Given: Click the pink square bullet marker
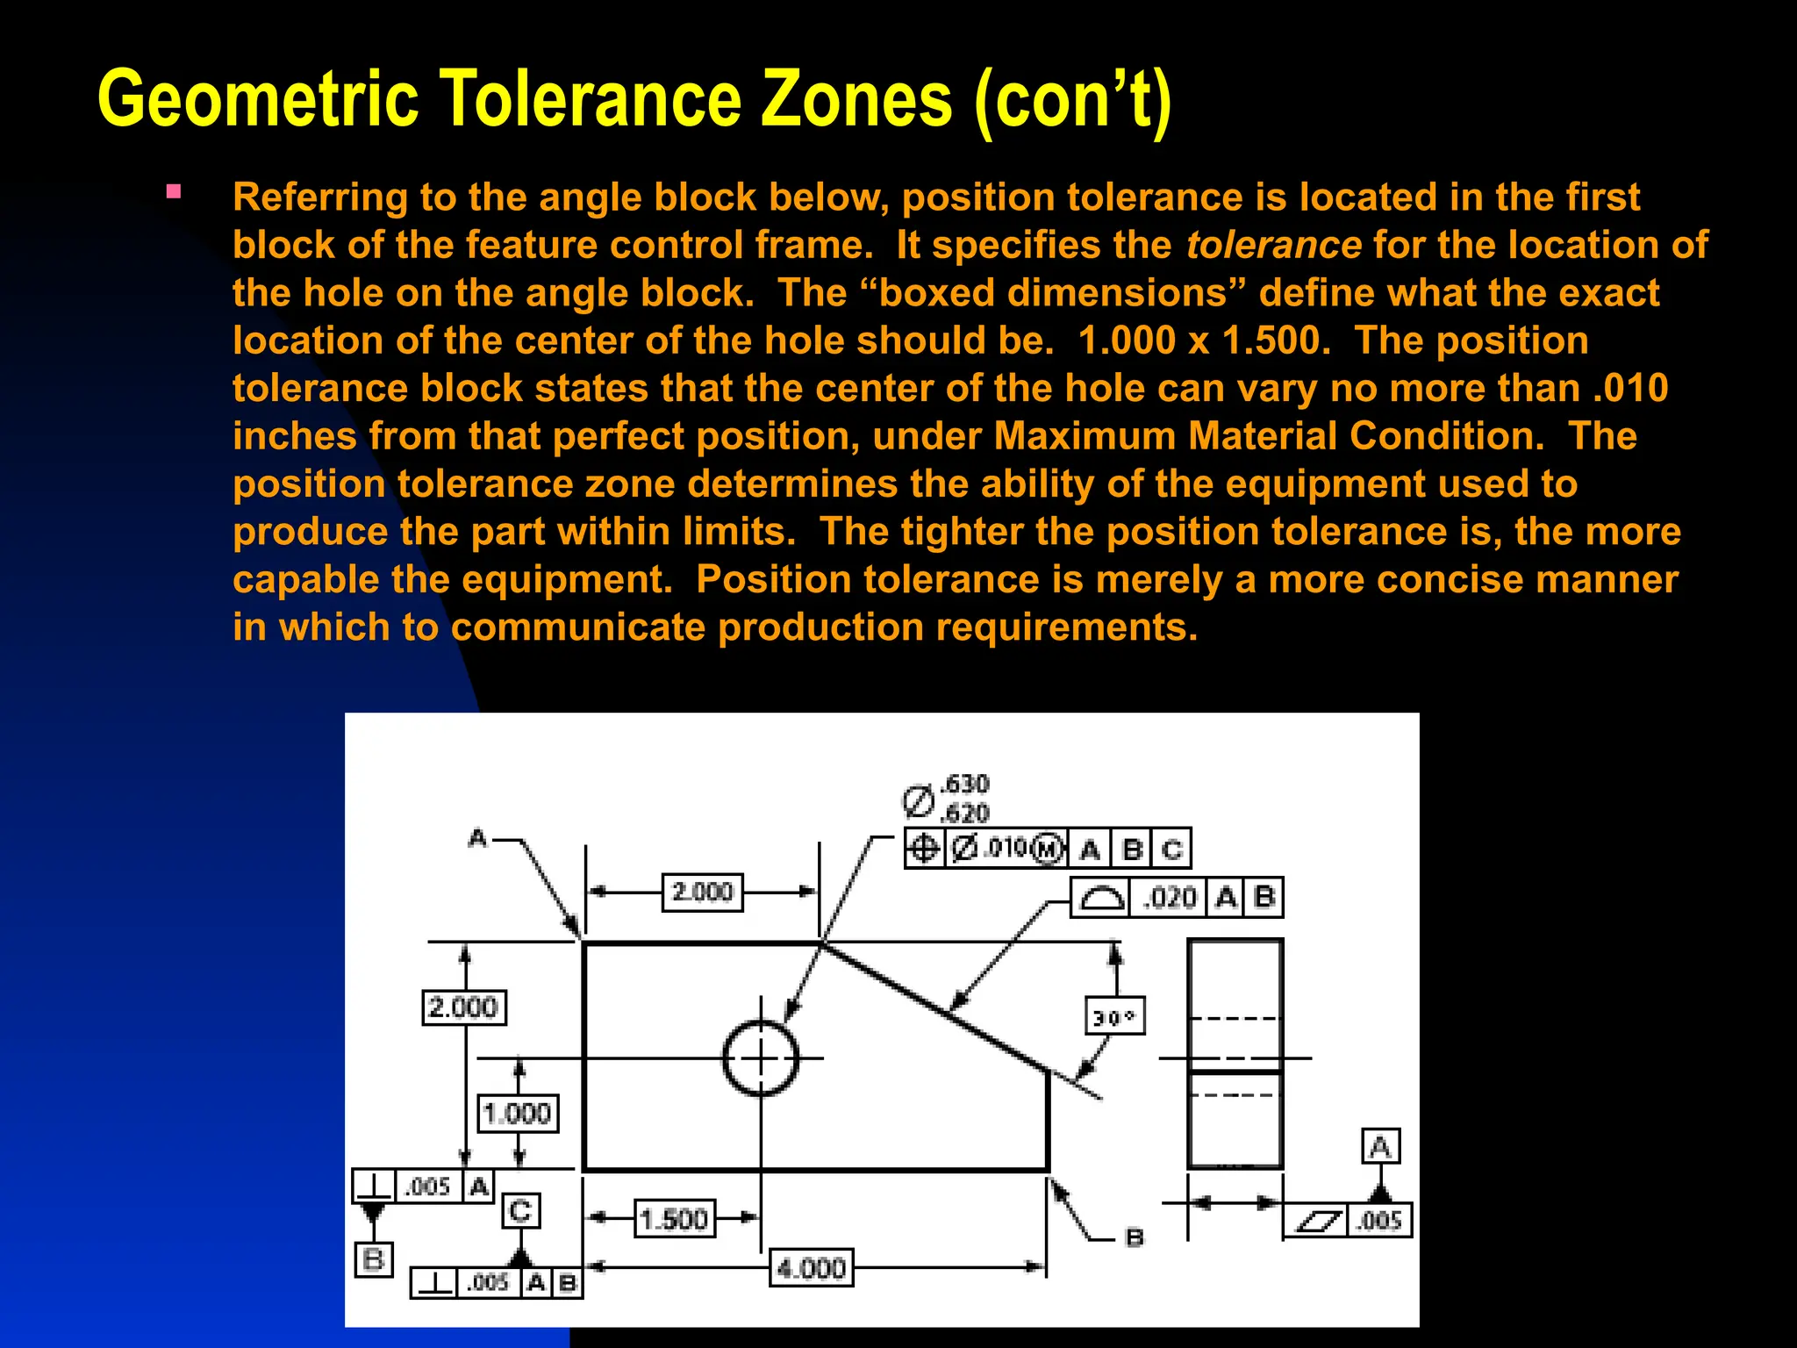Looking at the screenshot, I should pos(174,191).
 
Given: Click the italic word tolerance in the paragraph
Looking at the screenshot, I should pos(1273,245).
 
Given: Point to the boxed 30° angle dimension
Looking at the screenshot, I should pos(1114,1017).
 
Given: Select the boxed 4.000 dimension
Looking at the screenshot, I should pos(812,1268).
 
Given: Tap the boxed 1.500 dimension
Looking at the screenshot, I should pos(674,1219).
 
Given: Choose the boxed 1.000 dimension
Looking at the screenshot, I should pos(518,1114).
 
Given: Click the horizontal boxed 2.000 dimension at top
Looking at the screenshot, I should pos(702,893).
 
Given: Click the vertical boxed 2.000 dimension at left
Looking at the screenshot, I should pos(463,1007).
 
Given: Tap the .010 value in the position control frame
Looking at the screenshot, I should pos(1006,848).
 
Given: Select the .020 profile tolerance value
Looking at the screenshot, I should pos(1171,898).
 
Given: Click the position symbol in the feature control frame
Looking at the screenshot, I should pos(924,849).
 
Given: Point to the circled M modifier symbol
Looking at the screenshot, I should pos(1048,849).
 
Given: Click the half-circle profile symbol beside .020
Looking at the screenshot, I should pos(1100,898).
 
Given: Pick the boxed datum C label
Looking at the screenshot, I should pos(520,1211).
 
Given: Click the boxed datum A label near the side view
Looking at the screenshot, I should pos(1380,1146).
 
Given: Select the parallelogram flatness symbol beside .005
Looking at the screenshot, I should pos(1319,1220).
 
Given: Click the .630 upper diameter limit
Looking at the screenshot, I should pos(964,784).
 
